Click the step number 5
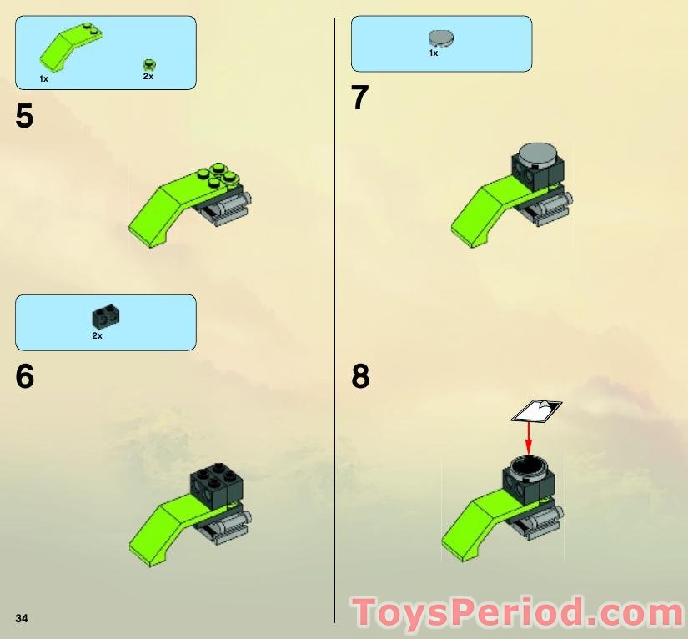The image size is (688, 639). point(24,117)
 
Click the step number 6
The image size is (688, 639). point(25,376)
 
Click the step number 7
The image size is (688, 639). point(359,98)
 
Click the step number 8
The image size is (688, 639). point(360,376)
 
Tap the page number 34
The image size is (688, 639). point(22,617)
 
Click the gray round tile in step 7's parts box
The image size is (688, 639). point(439,38)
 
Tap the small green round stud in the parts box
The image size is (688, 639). point(148,63)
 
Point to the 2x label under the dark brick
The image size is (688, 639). point(97,335)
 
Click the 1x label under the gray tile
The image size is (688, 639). point(434,53)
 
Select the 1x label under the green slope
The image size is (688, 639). point(43,78)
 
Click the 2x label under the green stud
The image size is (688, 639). point(148,76)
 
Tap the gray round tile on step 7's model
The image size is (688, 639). point(538,154)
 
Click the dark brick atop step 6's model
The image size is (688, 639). point(216,481)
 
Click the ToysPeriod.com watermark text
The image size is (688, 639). point(518,614)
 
